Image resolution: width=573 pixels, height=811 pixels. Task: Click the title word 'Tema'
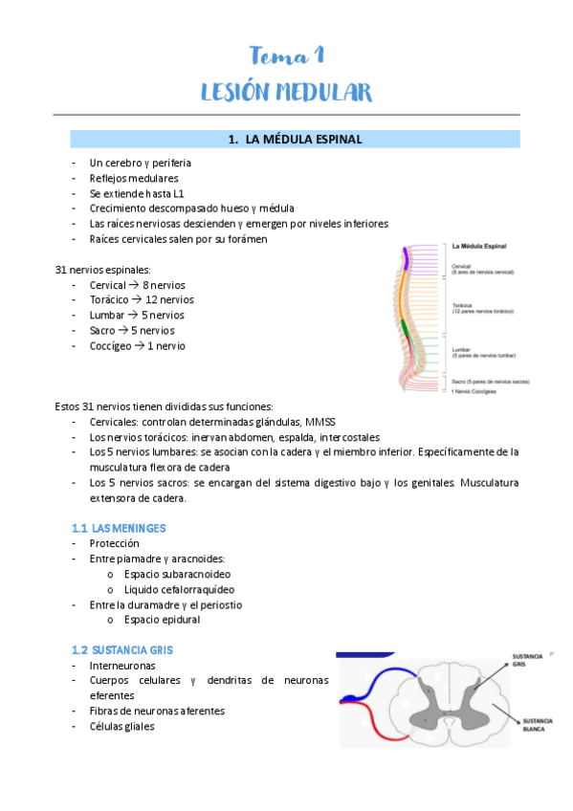tap(273, 55)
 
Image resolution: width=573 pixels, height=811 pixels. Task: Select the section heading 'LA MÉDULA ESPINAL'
tap(303, 140)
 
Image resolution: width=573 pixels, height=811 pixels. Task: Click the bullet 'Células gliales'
tap(121, 726)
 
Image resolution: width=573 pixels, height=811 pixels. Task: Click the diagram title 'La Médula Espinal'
tap(479, 247)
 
